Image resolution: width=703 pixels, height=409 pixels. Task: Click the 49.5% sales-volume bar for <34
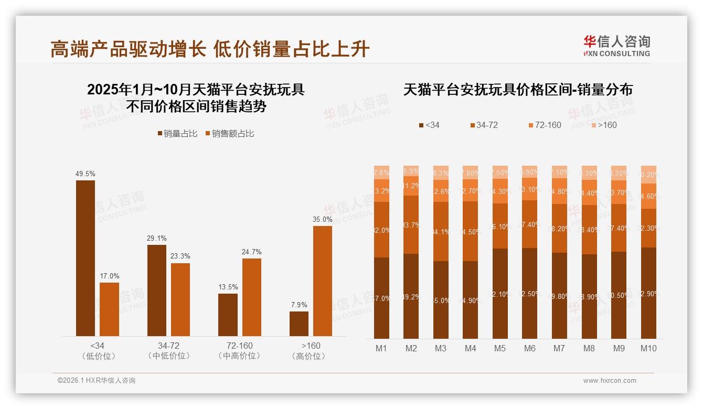click(x=86, y=258)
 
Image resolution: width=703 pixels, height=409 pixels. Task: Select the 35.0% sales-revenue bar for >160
click(x=323, y=281)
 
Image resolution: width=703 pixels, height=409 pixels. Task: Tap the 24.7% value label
click(x=252, y=252)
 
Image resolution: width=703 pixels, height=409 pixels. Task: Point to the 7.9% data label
click(x=299, y=305)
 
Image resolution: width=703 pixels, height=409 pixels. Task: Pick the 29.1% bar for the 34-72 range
click(x=157, y=290)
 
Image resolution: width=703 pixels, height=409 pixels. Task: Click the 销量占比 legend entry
click(x=177, y=134)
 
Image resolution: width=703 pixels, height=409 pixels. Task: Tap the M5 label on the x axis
click(x=500, y=348)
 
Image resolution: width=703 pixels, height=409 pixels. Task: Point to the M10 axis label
click(x=648, y=348)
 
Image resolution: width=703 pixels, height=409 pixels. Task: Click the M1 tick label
click(x=381, y=348)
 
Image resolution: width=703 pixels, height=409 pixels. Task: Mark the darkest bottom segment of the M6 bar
click(x=530, y=293)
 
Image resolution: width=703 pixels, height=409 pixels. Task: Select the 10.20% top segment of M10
click(x=648, y=175)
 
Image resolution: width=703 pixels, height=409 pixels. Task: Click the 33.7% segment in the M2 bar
click(x=411, y=225)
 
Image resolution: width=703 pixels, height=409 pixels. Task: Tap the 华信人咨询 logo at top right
click(x=616, y=45)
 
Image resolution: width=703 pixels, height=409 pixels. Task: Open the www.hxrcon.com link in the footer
click(x=610, y=381)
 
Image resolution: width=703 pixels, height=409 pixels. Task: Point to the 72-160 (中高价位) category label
click(x=239, y=350)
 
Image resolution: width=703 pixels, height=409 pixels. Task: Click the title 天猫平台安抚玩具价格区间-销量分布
click(x=518, y=90)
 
